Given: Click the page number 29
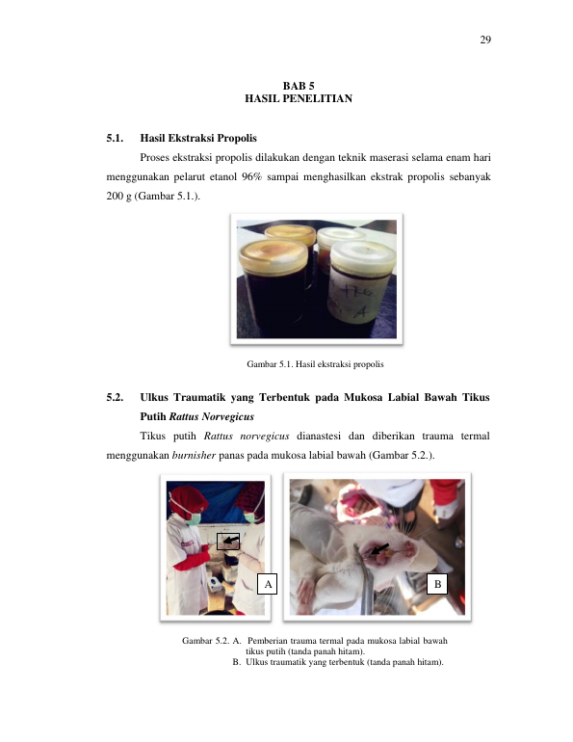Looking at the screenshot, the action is (485, 40).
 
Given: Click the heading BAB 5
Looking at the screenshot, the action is (299, 86).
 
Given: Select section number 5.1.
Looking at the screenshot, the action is (115, 138).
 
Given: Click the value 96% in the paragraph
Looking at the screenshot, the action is (251, 177).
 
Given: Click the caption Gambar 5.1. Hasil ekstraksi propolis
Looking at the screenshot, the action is (315, 364).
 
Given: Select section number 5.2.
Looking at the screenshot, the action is (115, 397).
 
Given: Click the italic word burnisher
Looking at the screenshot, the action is (194, 455).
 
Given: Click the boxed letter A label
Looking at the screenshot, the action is (267, 584).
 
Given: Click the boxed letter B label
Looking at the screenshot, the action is (437, 584).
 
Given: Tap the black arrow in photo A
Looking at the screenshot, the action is (231, 540).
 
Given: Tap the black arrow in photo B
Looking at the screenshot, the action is (379, 549).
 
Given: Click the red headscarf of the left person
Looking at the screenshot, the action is (187, 498).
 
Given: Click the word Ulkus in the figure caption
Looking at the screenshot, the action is (257, 662).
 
